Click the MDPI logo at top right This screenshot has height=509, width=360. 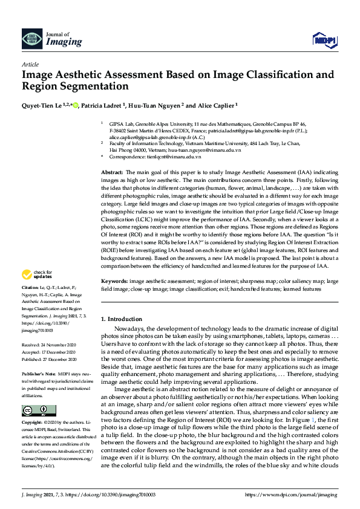click(x=324, y=41)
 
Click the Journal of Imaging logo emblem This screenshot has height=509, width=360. click(x=31, y=39)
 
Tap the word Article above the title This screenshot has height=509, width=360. click(x=30, y=64)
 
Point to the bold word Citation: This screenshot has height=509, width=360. click(x=30, y=287)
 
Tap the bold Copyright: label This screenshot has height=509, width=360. click(x=33, y=426)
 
